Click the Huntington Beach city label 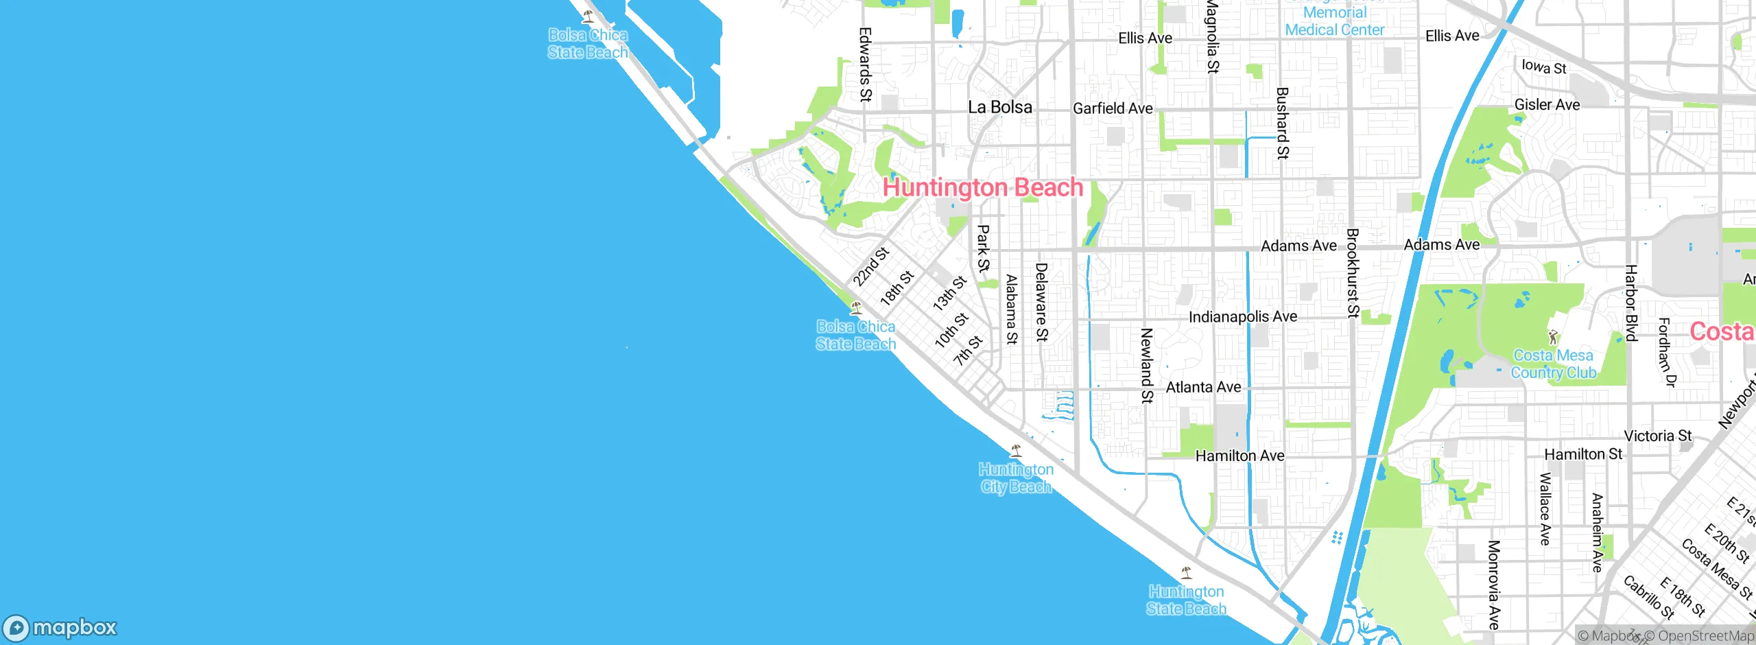coord(982,187)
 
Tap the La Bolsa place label coord(999,107)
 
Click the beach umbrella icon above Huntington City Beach coord(1016,451)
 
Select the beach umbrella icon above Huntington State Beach coord(1186,573)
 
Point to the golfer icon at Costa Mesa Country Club coord(1553,337)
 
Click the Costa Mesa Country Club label coord(1553,364)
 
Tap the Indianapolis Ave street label coord(1242,316)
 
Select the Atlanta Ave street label coord(1203,387)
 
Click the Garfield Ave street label coord(1112,108)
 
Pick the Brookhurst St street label coord(1352,273)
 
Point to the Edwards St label coord(865,64)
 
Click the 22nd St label coord(870,266)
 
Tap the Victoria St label coord(1657,436)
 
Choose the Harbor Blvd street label coord(1630,303)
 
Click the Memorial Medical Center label coord(1334,21)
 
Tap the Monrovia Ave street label coord(1493,585)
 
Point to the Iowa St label coord(1543,67)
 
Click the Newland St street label coord(1146,365)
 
